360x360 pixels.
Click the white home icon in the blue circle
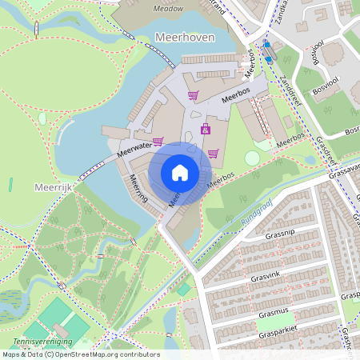click(180, 173)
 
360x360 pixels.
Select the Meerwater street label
click(133, 147)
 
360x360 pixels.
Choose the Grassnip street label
click(281, 235)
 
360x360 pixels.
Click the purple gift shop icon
click(205, 128)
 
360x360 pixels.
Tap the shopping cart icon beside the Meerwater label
click(158, 141)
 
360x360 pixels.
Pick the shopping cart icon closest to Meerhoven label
click(192, 95)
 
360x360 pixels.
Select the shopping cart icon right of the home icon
click(212, 153)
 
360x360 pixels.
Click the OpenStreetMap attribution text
click(80, 354)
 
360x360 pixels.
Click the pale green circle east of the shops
click(252, 158)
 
